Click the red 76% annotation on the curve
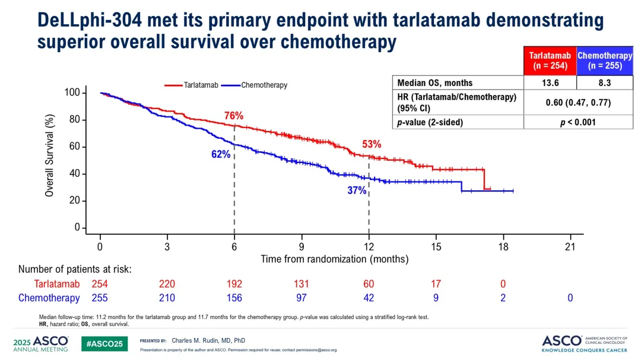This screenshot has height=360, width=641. tap(234, 116)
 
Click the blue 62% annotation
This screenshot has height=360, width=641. tap(220, 154)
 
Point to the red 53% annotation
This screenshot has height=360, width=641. tap(372, 144)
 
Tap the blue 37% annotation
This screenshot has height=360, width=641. tap(357, 190)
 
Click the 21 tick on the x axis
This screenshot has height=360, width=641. tap(570, 247)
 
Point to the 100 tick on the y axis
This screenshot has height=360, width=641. tap(72, 93)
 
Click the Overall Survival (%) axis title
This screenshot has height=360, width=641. tap(50, 155)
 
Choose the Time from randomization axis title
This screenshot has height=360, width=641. tap(335, 259)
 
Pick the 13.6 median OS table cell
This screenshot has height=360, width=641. tap(550, 83)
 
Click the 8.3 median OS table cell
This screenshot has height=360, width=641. tap(605, 83)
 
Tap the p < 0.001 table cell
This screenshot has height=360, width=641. tap(578, 122)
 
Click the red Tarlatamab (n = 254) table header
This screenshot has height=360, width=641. tap(550, 60)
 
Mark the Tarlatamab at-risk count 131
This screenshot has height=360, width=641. tap(302, 284)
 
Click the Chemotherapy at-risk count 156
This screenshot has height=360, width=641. tap(234, 298)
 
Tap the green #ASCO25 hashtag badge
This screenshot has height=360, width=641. tap(104, 344)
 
